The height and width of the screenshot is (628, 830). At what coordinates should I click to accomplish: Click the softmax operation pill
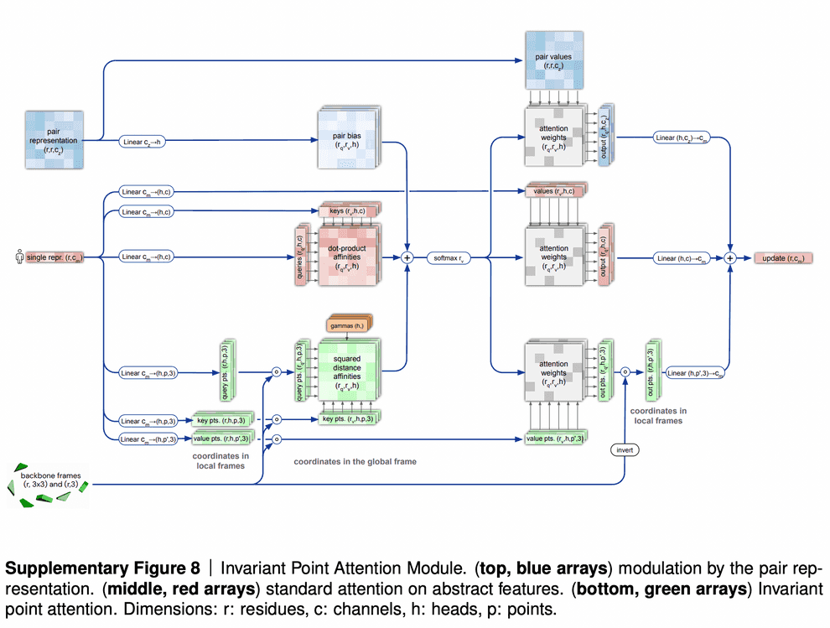[451, 257]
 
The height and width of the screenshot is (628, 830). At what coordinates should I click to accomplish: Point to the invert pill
[625, 450]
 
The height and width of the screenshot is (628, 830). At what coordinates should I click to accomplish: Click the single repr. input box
[60, 257]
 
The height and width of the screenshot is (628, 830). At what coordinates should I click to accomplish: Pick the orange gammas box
[347, 324]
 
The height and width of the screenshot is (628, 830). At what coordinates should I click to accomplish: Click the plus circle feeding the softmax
[407, 257]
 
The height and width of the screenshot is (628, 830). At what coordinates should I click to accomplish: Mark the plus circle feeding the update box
[730, 257]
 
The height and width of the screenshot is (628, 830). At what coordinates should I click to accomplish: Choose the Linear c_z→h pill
[144, 142]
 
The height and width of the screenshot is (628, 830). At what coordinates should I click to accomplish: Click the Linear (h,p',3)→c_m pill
[697, 372]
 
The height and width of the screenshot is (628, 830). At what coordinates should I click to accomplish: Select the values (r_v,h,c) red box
[553, 192]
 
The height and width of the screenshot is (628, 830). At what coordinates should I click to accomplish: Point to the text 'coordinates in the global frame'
[355, 461]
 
